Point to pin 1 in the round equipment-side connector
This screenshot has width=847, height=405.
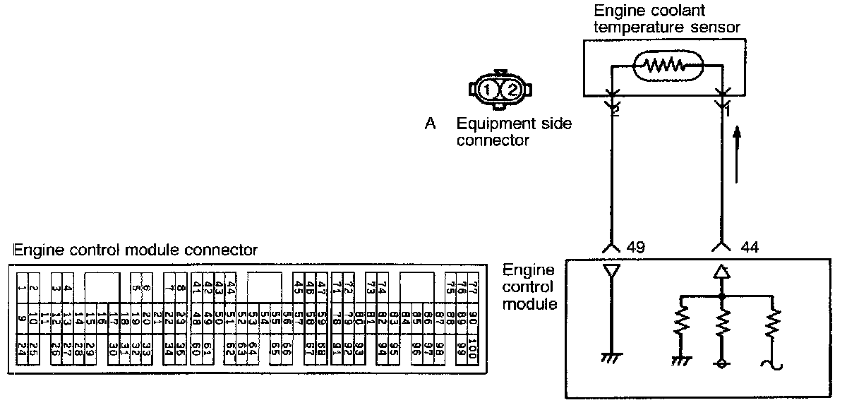tap(488, 90)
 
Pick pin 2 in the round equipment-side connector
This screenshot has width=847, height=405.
tap(513, 90)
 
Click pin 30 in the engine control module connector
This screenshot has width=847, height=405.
tap(113, 349)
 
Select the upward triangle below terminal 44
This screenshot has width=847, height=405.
tap(721, 270)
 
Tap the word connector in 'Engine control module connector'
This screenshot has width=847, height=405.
tap(225, 250)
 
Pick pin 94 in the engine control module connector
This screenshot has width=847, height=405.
tap(382, 349)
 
